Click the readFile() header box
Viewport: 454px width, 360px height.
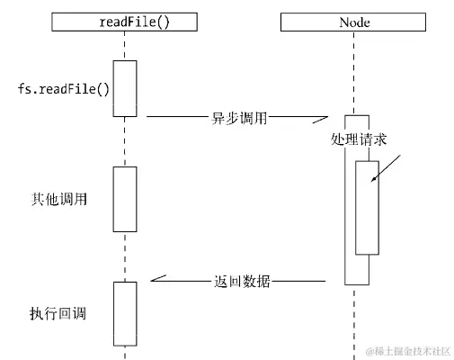point(125,22)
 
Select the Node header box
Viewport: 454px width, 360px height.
point(355,22)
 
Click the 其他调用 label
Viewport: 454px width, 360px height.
point(59,199)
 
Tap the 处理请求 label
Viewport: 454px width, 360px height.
point(359,141)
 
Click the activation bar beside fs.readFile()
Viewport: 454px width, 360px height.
point(125,88)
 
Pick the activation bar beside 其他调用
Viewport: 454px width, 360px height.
point(125,199)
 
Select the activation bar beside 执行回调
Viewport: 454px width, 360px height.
point(125,312)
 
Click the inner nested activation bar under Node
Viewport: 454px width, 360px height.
point(366,208)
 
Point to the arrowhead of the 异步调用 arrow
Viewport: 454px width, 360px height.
point(325,119)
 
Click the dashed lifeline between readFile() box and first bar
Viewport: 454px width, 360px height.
point(125,45)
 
